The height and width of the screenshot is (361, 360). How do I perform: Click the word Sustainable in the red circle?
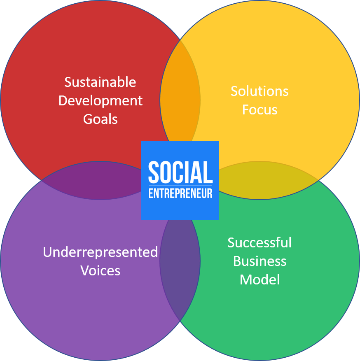pos(100,82)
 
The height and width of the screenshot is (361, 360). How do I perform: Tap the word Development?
pos(101,101)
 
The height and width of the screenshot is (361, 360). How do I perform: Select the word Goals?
pos(100,119)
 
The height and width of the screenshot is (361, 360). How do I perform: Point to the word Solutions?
pos(259,91)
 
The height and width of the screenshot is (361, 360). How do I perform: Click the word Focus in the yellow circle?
pos(259,109)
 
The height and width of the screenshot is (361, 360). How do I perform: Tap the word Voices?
pos(100,270)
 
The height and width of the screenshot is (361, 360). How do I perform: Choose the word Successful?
pos(259,242)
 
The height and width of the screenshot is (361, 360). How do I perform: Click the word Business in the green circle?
pos(259,261)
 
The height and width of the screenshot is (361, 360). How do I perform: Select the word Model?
pos(259,279)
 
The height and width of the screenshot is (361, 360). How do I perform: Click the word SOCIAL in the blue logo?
pos(180,172)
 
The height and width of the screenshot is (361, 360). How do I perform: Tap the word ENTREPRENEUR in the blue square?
pos(180,193)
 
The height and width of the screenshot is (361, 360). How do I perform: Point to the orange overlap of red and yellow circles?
pos(180,92)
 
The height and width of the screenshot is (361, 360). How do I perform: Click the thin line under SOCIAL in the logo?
pos(180,186)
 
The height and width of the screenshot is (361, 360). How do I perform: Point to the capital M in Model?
pos(245,279)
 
